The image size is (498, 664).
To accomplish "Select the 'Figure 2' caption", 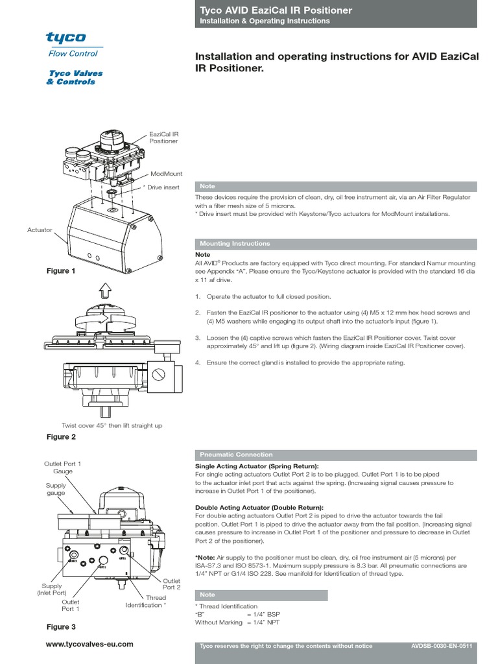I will (x=62, y=437).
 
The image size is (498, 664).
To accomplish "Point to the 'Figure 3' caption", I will (x=62, y=627).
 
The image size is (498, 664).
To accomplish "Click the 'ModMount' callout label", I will (x=167, y=174).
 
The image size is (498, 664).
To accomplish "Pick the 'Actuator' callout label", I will (x=40, y=230).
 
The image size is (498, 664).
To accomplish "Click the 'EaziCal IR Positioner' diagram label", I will (x=163, y=136).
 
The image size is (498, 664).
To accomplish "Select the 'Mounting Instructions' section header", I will (x=235, y=244).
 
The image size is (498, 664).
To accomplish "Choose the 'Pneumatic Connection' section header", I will (x=237, y=455).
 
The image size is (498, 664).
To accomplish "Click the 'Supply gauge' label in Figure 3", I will (x=56, y=489).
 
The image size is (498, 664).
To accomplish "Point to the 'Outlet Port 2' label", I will (x=171, y=584).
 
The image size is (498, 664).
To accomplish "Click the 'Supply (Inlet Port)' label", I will (x=52, y=589).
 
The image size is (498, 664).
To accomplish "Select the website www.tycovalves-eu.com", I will (x=90, y=644).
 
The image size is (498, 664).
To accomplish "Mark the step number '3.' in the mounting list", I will (x=198, y=338).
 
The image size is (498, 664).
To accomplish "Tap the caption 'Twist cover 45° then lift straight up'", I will (x=112, y=425).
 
